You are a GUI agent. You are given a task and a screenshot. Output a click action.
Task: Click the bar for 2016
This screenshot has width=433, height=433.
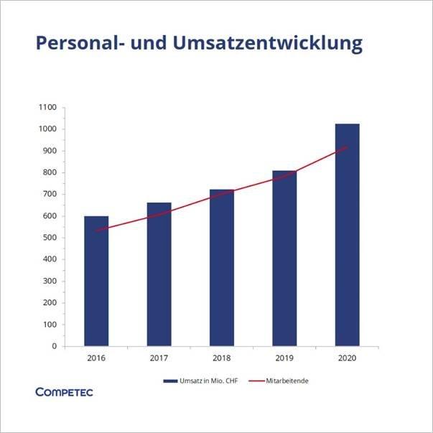pos(96,281)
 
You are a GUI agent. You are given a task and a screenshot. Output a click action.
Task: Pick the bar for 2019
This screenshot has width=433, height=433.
pos(284,259)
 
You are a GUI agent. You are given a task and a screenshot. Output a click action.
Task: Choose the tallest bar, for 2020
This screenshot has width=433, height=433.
pos(347,235)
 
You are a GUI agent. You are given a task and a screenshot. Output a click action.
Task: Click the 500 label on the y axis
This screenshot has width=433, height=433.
pos(50,238)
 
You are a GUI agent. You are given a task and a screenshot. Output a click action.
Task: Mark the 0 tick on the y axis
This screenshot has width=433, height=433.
pos(55,346)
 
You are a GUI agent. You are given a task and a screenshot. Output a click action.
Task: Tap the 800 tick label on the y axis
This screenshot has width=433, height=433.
pos(50,172)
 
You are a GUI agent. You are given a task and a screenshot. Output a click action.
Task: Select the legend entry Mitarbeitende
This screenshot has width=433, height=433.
pos(287,381)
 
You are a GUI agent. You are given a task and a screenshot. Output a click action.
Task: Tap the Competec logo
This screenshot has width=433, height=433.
pos(64,392)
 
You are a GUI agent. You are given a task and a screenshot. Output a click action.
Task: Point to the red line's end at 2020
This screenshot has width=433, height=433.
pos(347,147)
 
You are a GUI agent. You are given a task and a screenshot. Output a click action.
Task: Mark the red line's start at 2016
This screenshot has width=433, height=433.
pos(96,231)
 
